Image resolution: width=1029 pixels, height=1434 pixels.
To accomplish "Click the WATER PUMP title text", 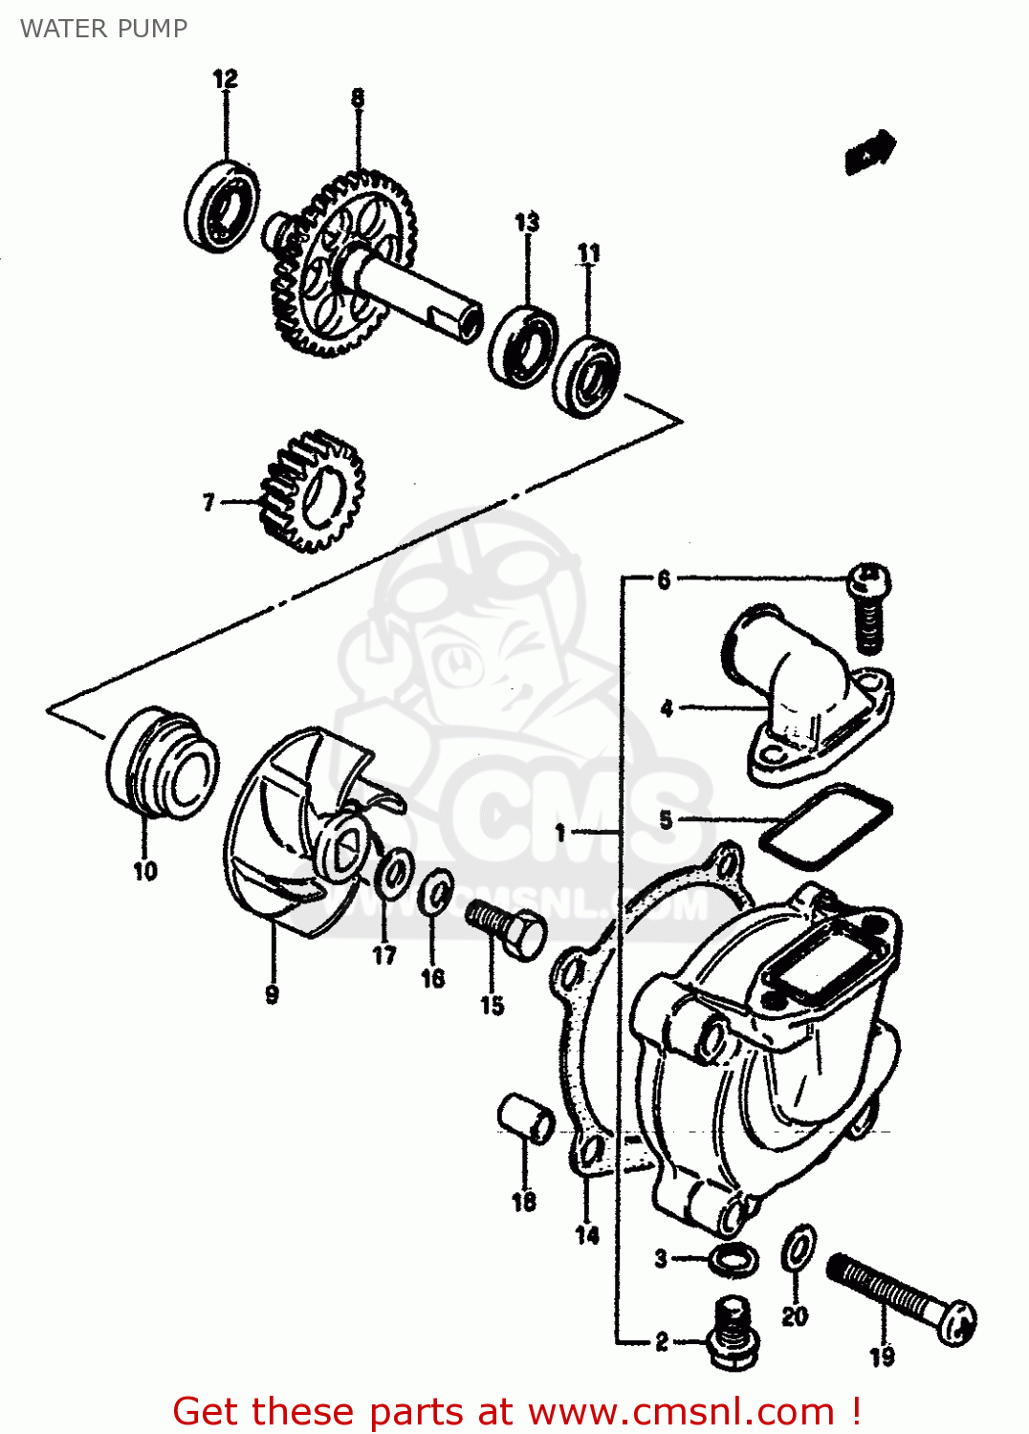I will point(103,29).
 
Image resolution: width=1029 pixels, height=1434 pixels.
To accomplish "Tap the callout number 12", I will point(225,78).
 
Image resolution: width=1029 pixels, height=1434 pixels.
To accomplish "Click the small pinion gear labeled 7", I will point(313,491).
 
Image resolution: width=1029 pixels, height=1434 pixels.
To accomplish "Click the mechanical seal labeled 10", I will point(163,763).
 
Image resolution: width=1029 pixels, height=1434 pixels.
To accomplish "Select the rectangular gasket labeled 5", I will point(825,825).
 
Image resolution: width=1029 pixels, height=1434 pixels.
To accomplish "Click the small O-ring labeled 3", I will point(734,1260).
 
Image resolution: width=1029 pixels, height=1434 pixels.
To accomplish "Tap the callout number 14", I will point(587,1234).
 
